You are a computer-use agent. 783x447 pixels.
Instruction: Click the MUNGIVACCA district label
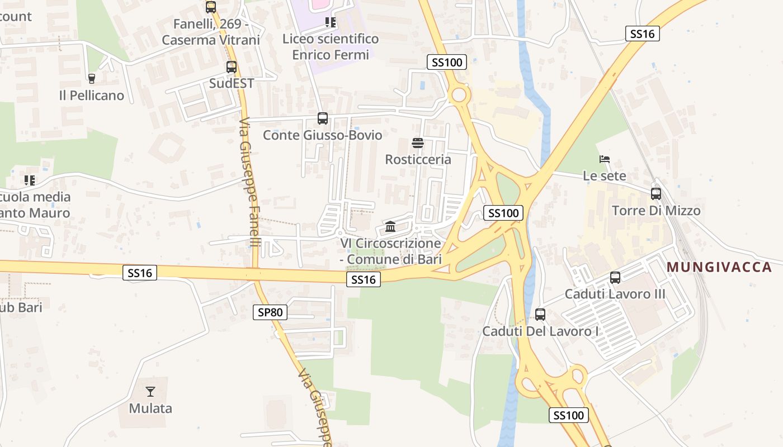[x=719, y=267]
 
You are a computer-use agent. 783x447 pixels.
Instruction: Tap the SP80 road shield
[x=270, y=312]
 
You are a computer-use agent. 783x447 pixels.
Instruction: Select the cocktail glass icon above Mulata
[x=150, y=391]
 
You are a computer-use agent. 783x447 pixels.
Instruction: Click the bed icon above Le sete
[x=604, y=159]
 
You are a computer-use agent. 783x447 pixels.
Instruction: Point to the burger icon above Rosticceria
[x=417, y=142]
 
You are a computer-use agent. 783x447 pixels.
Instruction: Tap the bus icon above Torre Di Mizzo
[x=655, y=194]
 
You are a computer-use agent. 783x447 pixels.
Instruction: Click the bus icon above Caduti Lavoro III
[x=615, y=277]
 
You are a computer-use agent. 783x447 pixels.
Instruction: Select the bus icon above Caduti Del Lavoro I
[x=540, y=315]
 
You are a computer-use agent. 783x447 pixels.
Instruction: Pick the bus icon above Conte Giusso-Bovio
[x=322, y=118]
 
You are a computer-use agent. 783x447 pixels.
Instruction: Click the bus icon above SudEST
[x=231, y=67]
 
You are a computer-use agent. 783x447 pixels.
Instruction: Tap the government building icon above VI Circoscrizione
[x=390, y=227]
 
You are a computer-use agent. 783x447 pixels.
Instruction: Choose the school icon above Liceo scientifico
[x=331, y=22]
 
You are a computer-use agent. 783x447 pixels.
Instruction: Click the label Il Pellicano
[x=92, y=96]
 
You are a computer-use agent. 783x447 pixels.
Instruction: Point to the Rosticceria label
[x=418, y=160]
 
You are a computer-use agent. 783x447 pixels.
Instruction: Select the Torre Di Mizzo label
[x=655, y=211]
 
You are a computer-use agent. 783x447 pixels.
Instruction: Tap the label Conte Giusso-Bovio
[x=322, y=135]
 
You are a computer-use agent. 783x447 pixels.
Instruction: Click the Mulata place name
[x=150, y=408]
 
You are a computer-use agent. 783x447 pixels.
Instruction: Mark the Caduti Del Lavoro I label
[x=540, y=331]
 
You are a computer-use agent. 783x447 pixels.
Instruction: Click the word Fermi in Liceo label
[x=350, y=55]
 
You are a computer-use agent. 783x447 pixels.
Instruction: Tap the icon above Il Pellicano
[x=92, y=79]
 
